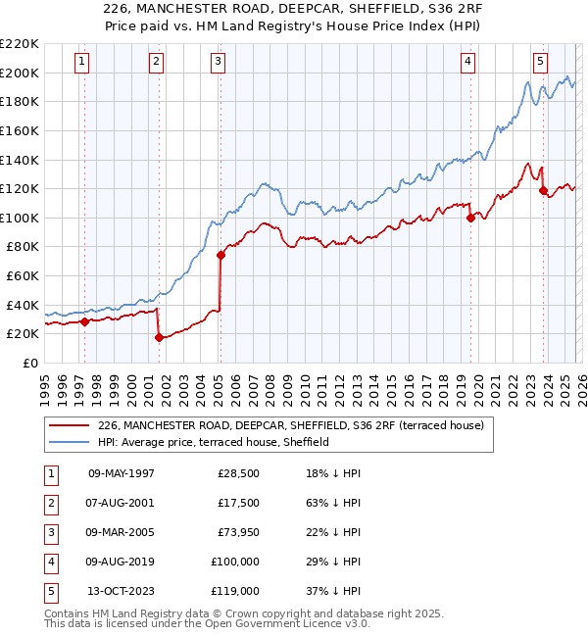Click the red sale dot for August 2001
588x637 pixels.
tap(158, 338)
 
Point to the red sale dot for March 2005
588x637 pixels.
tap(220, 256)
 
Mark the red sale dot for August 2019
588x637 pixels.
tap(470, 218)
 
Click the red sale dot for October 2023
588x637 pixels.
tap(543, 190)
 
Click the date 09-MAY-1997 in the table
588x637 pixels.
tap(122, 473)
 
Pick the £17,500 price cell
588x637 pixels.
tap(238, 503)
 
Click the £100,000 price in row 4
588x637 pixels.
tap(235, 562)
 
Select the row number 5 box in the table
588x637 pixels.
tap(48, 591)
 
